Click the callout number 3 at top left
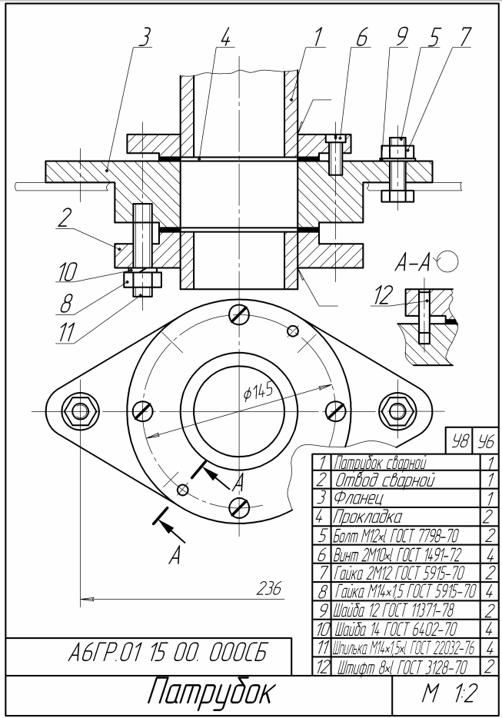145,38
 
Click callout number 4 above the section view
225,38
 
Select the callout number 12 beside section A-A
383,295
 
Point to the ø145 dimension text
258,392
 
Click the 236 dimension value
269,587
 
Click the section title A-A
412,264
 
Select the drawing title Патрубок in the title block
211,691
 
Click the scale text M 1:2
450,694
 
